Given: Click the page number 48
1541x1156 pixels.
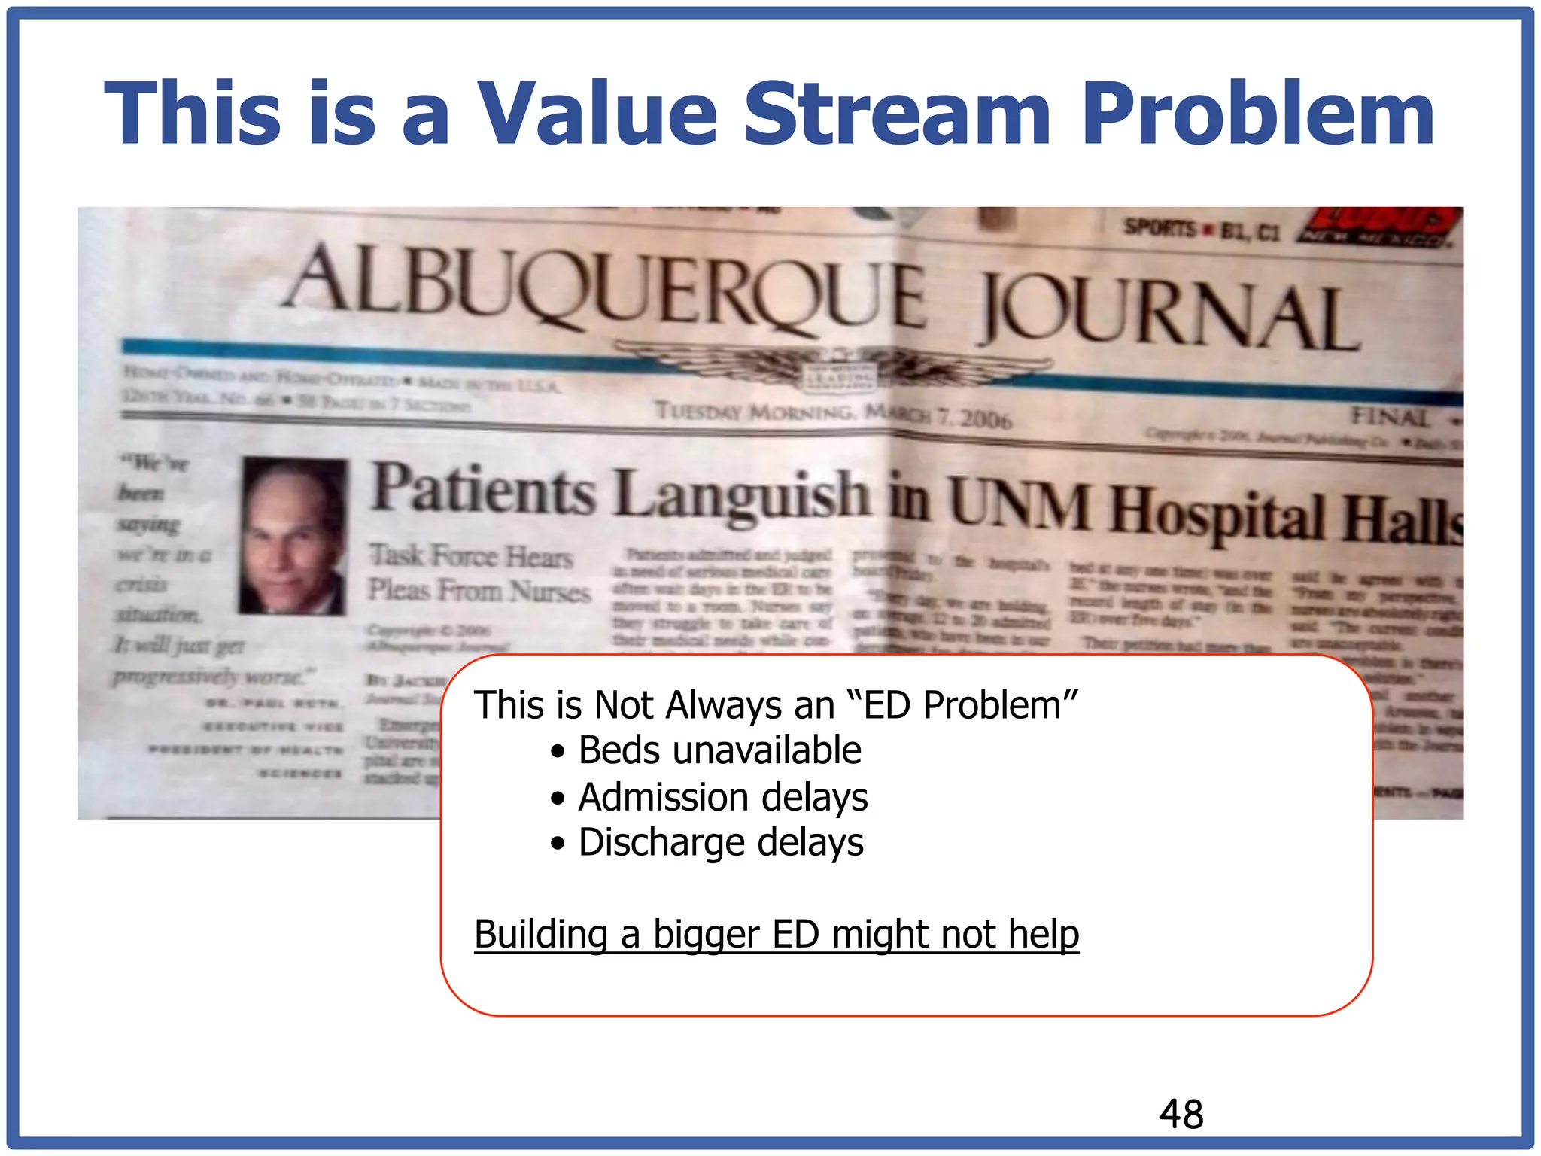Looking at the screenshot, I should (1181, 1115).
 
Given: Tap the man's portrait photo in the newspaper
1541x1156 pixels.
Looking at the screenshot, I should (294, 536).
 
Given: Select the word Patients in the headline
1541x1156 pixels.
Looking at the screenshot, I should (484, 491).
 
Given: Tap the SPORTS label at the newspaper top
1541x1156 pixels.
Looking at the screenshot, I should (1160, 227).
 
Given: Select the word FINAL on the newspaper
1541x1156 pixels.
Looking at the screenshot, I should (1389, 416).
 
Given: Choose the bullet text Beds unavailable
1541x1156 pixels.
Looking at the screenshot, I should (719, 750).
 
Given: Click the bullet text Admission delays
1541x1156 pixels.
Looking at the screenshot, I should (722, 797).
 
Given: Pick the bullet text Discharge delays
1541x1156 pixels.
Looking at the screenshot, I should (720, 842).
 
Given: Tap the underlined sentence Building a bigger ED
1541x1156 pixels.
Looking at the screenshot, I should (776, 934).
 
